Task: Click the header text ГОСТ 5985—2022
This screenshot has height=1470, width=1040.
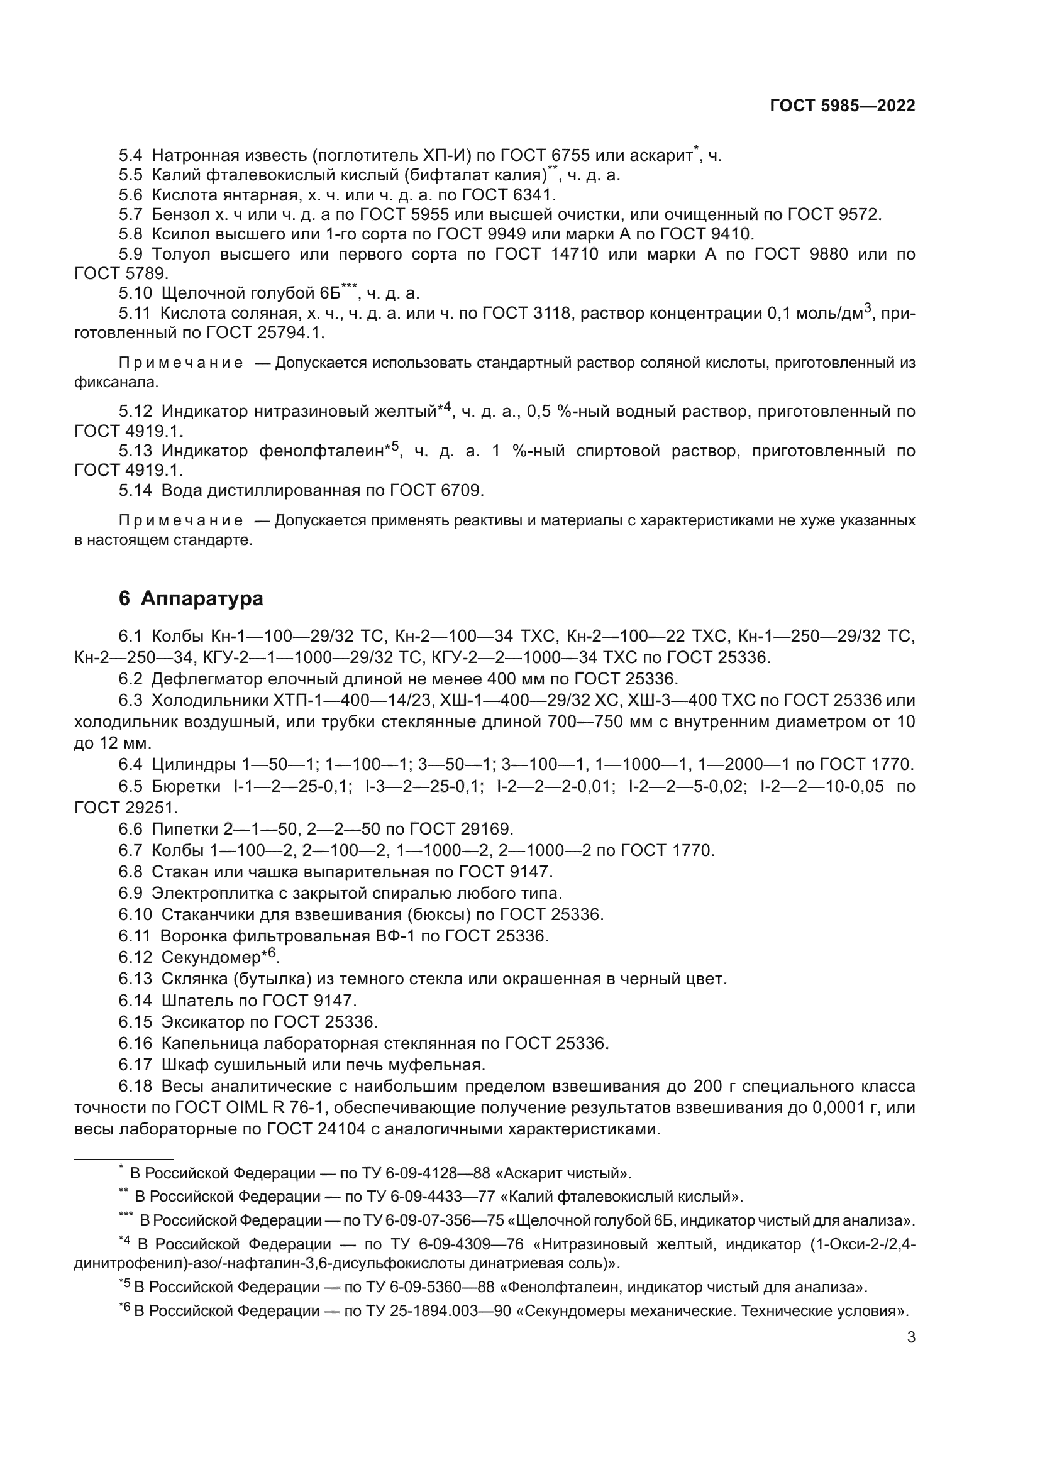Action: (842, 106)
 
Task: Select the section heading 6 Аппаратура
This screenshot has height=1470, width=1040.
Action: (191, 599)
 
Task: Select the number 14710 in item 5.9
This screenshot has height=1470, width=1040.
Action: (575, 254)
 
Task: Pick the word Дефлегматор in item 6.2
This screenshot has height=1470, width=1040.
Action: (202, 679)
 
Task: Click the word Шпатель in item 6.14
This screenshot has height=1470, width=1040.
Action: (192, 1000)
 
